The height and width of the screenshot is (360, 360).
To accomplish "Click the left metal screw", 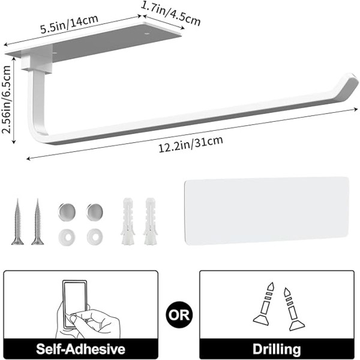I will pyautogui.click(x=17, y=221).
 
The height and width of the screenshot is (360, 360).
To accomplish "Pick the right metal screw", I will pyautogui.click(x=37, y=221).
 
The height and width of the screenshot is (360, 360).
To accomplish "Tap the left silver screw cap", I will pyautogui.click(x=65, y=211).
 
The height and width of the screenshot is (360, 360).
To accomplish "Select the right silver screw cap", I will pyautogui.click(x=93, y=211).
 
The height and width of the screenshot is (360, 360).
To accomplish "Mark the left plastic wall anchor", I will pyautogui.click(x=127, y=221).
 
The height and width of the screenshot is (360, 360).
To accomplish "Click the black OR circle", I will pyautogui.click(x=179, y=314).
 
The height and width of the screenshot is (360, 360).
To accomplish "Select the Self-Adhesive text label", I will pyautogui.click(x=80, y=349).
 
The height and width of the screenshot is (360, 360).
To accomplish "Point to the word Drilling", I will pyautogui.click(x=277, y=349).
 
